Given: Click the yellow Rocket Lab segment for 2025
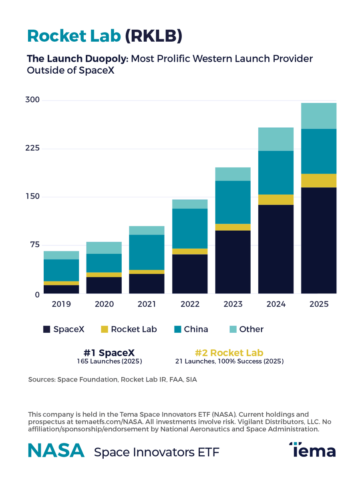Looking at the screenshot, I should [x=319, y=181].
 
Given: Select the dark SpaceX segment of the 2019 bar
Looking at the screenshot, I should [x=61, y=289].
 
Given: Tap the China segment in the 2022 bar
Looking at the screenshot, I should [x=190, y=229].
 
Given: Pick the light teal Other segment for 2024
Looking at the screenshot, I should [x=276, y=139].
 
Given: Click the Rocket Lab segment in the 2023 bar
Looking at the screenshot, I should [x=233, y=227].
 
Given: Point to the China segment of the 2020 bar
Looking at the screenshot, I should [x=104, y=263].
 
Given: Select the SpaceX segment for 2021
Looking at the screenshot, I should [x=147, y=283].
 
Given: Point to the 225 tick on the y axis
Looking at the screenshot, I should [x=33, y=149].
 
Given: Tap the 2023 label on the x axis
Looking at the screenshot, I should [x=233, y=304].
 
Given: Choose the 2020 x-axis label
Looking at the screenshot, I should [x=104, y=304].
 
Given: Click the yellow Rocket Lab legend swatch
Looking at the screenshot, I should [x=104, y=329].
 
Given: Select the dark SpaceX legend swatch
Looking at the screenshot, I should [x=47, y=329].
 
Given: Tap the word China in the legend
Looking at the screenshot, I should [x=196, y=329].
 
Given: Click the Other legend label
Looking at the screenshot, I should [x=251, y=329].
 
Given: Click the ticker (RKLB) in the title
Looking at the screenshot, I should [x=153, y=36].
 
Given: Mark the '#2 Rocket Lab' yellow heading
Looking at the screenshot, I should [x=229, y=353].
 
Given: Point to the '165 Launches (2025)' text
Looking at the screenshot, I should [x=109, y=361].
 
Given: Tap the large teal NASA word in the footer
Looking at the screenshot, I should [x=56, y=450].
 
